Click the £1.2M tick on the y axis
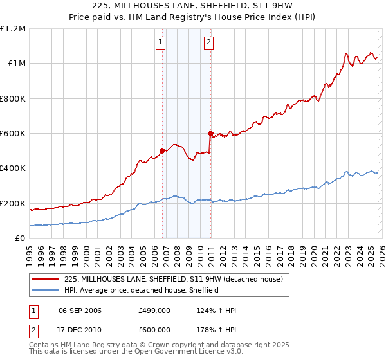click(x=13, y=29)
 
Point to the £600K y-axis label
click(x=13, y=134)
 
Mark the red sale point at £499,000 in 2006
click(x=162, y=151)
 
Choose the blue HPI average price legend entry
click(x=142, y=290)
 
